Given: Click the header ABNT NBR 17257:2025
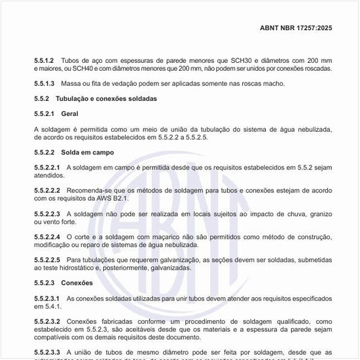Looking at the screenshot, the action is click(297, 28).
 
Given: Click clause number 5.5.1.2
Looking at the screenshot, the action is click(44, 60).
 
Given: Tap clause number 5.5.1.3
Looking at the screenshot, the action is click(44, 84).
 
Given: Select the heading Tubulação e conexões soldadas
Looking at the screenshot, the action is click(106, 99).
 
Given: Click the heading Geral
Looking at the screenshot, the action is click(69, 114).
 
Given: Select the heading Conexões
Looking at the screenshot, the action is click(77, 283).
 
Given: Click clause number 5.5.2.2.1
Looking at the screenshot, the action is click(47, 168).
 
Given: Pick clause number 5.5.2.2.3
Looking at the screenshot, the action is click(47, 213).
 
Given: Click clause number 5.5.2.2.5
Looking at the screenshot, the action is click(47, 259).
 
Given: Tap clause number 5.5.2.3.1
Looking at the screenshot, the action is click(47, 298).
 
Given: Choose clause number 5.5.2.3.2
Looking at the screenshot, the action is click(47, 321).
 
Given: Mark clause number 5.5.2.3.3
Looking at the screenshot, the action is click(47, 352).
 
